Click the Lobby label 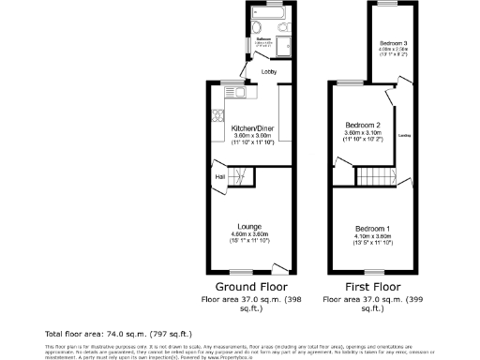click(269, 71)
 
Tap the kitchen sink click(234, 92)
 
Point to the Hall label click(219, 176)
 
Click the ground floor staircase click(241, 174)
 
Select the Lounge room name click(248, 227)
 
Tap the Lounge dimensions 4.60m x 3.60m click(248, 234)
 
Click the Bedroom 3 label click(394, 43)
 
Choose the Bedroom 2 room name click(362, 126)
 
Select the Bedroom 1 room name click(372, 229)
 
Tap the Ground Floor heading click(252, 286)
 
